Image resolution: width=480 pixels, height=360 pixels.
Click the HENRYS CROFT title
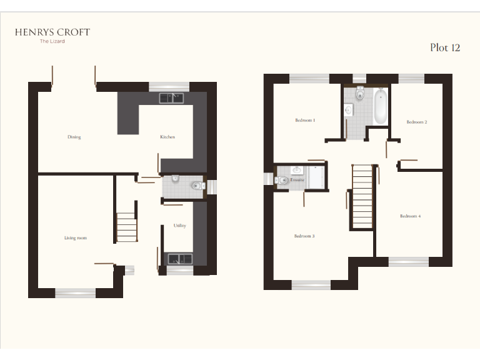coord(52,32)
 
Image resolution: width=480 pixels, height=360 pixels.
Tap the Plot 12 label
coord(445,47)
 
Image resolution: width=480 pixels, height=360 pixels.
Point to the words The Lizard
coord(52,41)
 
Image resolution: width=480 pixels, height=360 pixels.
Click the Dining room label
coord(74,137)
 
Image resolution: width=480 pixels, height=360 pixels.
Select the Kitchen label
coord(167,137)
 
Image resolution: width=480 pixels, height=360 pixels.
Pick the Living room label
coord(75,238)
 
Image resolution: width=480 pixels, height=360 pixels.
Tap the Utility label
coord(179,226)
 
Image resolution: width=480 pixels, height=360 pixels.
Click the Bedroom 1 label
coord(305,120)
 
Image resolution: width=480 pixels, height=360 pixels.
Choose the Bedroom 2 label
coord(417,122)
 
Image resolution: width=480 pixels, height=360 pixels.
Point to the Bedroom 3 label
coord(304,236)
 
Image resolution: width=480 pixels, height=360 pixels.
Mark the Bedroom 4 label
coord(411,216)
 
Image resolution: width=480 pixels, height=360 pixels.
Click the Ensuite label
coord(297,179)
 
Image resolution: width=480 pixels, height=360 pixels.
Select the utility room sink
coord(179,258)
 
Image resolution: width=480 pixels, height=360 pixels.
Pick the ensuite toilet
coord(283,180)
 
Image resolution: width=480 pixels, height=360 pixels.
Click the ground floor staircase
coord(127,227)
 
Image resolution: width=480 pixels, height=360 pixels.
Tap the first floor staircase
coord(362,196)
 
